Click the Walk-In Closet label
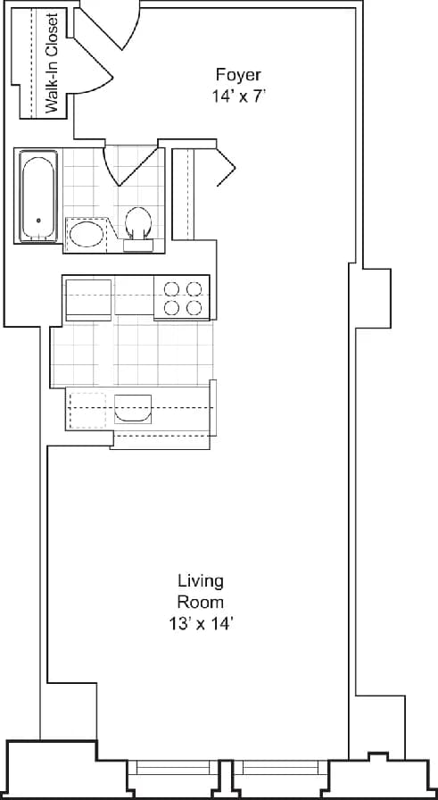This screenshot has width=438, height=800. (x=52, y=64)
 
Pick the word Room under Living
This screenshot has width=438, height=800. (x=199, y=602)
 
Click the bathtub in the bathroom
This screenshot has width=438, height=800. (x=38, y=196)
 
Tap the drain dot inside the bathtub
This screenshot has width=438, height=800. (x=38, y=221)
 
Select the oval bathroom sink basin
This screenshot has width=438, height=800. (x=87, y=234)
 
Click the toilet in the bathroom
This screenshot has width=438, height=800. (x=138, y=225)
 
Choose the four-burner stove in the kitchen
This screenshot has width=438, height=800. (x=181, y=298)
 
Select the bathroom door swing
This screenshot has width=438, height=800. (x=125, y=165)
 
